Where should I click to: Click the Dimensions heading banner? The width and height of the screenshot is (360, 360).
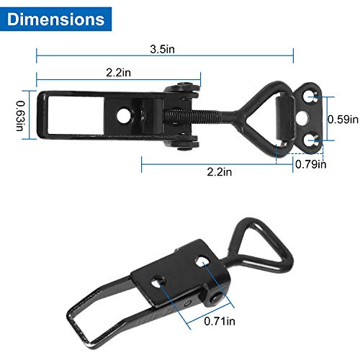(x=57, y=17)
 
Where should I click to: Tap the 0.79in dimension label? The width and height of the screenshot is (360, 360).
(x=311, y=164)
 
